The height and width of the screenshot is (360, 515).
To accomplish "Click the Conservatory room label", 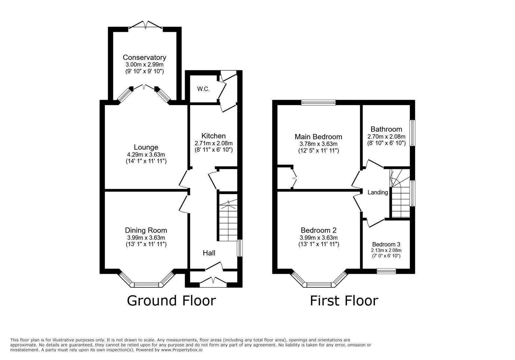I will point(145,58).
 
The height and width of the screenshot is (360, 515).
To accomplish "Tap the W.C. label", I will point(203,89).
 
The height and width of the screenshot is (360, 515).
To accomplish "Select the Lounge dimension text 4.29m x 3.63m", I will point(146,154).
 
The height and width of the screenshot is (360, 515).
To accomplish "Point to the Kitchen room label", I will point(213,136).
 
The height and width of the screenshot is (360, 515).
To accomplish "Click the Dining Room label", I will point(146,230).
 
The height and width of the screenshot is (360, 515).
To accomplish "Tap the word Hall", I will point(209,253).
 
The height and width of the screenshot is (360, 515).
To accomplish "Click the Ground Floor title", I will point(171,301).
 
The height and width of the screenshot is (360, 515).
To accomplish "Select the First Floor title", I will point(344,301).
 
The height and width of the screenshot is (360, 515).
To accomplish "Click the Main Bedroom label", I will point(318,137).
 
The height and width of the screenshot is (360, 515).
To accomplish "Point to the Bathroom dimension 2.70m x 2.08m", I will point(386,136).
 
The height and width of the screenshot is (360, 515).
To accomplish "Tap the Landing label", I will point(378,192).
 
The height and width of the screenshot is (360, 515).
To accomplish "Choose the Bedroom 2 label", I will point(318,230).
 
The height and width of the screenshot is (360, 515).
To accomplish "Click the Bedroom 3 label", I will point(386,244).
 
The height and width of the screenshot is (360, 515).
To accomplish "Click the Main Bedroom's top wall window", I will point(318,103).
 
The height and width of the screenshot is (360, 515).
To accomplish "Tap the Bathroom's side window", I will point(412,133).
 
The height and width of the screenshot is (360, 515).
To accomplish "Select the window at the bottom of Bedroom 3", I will point(386,271).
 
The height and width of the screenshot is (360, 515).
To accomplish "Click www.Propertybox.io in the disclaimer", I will point(182,350).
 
